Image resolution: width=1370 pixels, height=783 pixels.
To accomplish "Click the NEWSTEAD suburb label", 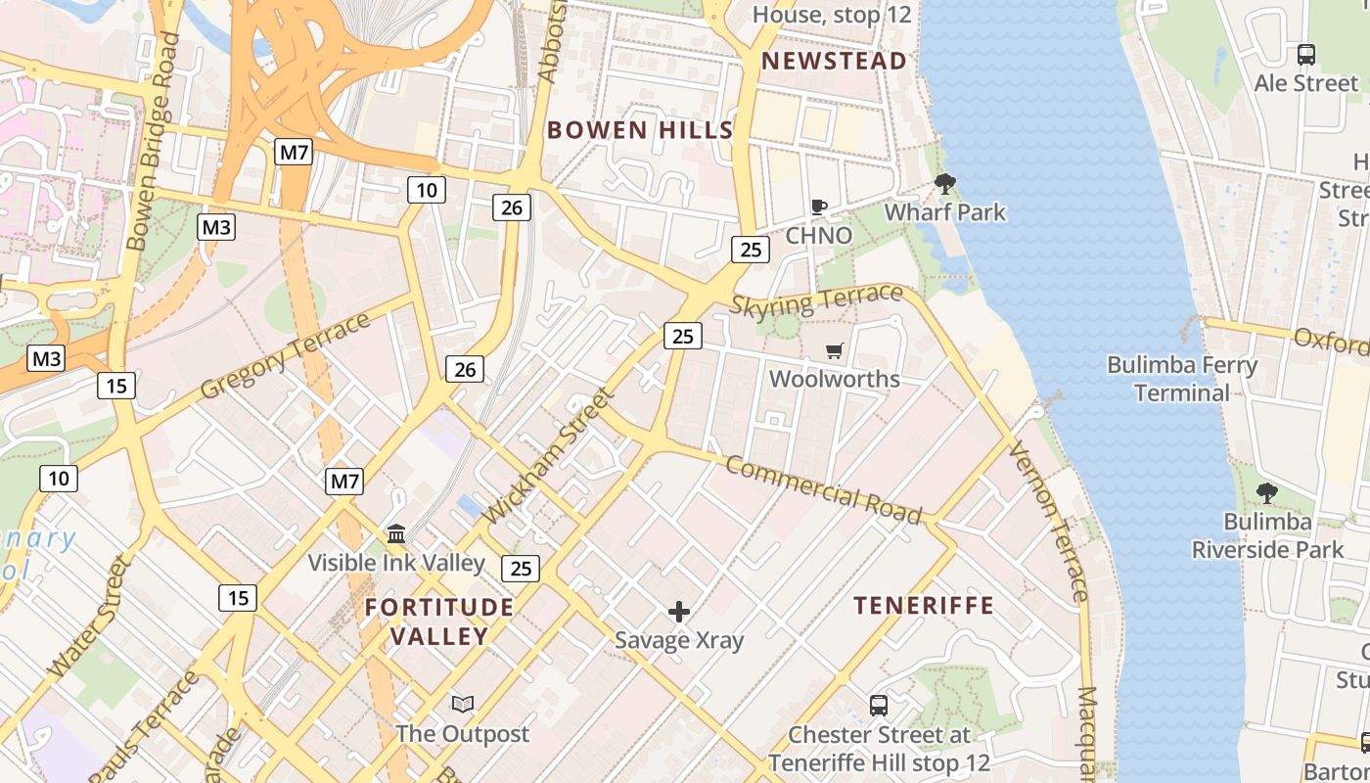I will [834, 61].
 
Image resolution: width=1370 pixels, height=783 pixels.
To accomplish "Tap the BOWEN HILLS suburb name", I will [639, 130].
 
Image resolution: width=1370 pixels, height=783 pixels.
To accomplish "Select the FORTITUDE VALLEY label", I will [439, 622].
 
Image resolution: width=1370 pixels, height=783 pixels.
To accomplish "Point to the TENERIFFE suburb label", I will [924, 606].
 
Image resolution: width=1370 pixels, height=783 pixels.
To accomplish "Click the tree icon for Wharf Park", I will [945, 183].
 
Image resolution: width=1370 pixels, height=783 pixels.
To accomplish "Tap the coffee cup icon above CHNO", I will [819, 207].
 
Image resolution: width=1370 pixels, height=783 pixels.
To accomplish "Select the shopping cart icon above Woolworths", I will [835, 350].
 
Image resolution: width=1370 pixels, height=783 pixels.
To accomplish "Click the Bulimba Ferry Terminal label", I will [1182, 379].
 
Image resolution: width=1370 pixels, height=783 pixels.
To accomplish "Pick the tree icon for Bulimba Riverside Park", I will [1267, 492].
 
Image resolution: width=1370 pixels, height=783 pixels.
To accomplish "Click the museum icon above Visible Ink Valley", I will [396, 533].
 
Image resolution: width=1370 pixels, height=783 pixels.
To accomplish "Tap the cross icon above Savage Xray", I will [679, 612].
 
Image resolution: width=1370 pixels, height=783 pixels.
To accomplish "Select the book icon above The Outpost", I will [462, 704].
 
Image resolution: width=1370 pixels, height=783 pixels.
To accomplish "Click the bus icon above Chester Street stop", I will [879, 705].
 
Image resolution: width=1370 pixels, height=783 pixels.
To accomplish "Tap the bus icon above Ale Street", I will [1306, 55].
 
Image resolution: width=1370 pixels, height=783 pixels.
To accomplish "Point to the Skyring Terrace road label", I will [816, 299].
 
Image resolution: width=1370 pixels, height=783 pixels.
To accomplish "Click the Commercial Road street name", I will [823, 489].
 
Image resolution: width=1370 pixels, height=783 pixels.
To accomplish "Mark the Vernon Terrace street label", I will [1048, 521].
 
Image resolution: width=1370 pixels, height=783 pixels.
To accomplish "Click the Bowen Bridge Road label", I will [155, 141].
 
